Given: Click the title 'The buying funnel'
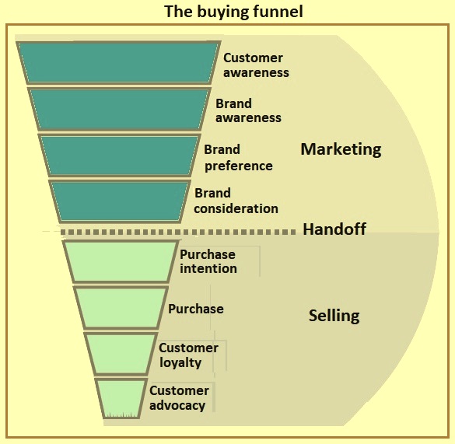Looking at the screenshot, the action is [233, 12].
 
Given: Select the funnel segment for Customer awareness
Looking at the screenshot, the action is [118, 63].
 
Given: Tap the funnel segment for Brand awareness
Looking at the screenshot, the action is [119, 110].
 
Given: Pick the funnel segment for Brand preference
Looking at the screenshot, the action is [120, 156].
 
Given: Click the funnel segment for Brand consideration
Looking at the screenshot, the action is [120, 201].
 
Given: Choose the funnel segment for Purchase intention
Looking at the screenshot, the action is [121, 261].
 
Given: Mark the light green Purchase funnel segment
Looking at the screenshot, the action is [121, 308].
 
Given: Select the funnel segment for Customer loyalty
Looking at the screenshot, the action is [121, 354].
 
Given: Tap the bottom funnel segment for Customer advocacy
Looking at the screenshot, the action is [121, 398].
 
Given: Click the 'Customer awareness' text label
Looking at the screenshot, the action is [256, 65].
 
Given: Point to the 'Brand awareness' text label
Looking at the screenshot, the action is [248, 111].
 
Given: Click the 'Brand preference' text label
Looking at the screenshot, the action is [238, 158].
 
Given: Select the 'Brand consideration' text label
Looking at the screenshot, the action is [236, 201].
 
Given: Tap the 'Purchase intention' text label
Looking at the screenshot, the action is [208, 261].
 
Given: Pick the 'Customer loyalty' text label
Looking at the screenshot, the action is [189, 355].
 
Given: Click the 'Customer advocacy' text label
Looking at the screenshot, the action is [179, 398].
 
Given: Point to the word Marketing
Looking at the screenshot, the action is [341, 149].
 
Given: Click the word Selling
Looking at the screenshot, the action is [334, 316].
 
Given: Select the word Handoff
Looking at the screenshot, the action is [334, 229].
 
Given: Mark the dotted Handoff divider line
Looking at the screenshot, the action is [178, 232].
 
